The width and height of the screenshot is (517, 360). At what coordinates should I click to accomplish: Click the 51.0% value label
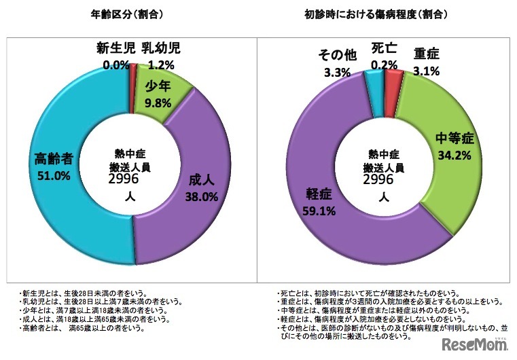[x=55, y=176]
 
